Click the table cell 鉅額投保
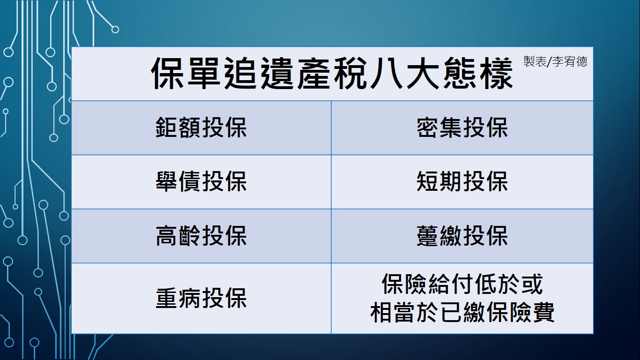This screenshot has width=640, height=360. point(201,127)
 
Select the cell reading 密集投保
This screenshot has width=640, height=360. point(462,127)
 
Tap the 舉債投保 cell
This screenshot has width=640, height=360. point(201,181)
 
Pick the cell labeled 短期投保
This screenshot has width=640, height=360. point(462,181)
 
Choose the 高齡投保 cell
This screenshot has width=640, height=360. point(201,236)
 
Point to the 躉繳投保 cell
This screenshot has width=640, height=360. point(462,236)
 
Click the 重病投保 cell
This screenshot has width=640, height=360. point(201,298)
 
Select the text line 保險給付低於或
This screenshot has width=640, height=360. point(462,284)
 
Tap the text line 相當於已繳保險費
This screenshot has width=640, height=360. point(462,312)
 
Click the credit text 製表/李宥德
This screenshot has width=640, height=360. point(555,61)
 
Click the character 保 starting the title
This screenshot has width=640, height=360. point(167,73)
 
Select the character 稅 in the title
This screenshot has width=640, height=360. point(350,73)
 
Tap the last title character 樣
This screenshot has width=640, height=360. point(496,73)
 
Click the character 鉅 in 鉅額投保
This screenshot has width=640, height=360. point(167,127)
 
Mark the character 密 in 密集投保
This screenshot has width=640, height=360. point(428,127)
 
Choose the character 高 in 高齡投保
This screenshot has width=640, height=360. point(167,236)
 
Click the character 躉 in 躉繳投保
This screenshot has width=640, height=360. point(428,236)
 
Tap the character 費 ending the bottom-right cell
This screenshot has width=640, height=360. point(543,312)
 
